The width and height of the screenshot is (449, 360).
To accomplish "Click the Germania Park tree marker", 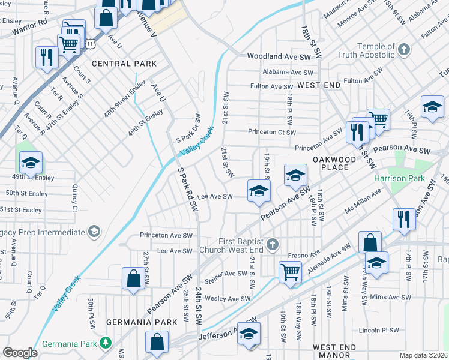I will pos(106,343).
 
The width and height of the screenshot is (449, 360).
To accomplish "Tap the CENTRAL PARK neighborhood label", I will pos(124,64).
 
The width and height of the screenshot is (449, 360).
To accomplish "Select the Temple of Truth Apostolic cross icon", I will pos(405,49).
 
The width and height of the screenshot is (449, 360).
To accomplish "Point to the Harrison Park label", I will pos(399,179).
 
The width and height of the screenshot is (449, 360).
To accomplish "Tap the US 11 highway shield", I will pos(90,44).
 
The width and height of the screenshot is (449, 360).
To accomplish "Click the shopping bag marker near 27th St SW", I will pos(133,279).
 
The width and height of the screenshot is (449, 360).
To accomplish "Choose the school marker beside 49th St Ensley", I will pos(31,162).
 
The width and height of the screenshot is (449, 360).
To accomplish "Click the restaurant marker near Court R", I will pos(46,58).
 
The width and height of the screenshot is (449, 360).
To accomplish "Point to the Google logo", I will pos(20,353).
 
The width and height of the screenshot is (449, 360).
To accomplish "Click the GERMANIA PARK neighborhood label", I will pos(142,322).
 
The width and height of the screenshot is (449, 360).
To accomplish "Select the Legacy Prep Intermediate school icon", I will pos(94,232).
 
